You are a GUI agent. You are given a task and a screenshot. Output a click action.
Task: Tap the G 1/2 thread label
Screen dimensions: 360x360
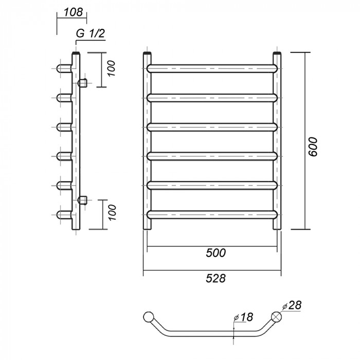click(91, 34)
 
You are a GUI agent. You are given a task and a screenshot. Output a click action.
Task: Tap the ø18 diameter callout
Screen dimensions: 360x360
click(244, 317)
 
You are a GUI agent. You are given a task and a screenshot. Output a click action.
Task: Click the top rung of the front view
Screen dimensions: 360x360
click(212, 67)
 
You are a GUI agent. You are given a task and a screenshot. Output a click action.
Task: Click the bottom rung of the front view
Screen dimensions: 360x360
click(212, 213)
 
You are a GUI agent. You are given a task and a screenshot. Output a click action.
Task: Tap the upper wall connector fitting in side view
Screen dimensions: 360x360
click(82, 82)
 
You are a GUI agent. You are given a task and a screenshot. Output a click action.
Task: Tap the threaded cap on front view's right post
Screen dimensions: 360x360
click(278, 53)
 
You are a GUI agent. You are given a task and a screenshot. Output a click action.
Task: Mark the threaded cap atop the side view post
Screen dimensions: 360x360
click(77, 53)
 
